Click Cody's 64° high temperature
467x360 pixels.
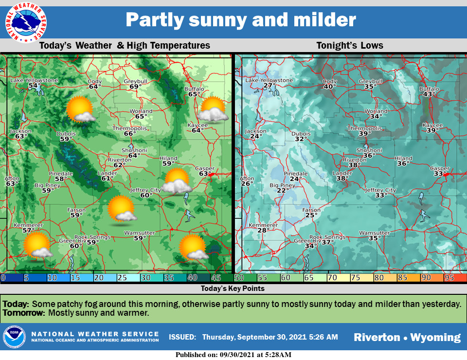click(x=95, y=87)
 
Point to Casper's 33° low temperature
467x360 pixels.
click(x=440, y=174)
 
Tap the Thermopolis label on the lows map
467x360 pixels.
click(x=364, y=128)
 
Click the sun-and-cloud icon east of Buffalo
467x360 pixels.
click(x=213, y=109)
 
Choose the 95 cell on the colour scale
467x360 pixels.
click(x=455, y=278)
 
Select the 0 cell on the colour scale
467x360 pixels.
click(x=13, y=278)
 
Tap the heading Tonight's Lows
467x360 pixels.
click(x=350, y=46)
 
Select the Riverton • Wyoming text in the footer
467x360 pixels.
click(x=407, y=337)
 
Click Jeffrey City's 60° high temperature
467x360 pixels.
click(x=146, y=195)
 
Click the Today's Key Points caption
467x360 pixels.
click(x=233, y=288)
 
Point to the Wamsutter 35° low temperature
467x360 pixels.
click(x=374, y=238)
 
